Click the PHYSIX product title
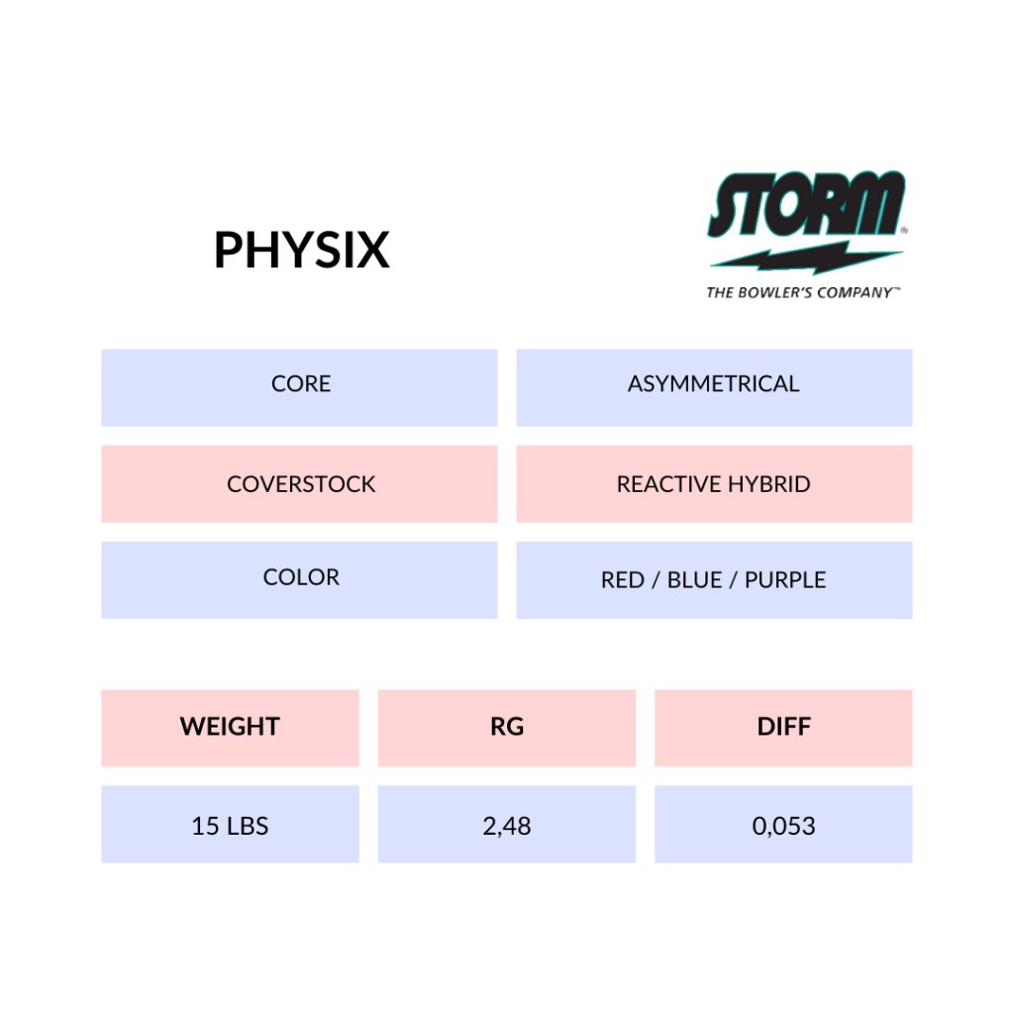302,250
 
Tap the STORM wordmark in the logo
806,204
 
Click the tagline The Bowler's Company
803,292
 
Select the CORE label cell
299,387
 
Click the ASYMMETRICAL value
713,384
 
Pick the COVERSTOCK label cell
299,483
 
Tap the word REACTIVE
668,484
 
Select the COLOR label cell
299,580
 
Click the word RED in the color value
622,580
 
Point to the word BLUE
694,580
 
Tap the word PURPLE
785,580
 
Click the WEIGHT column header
230,728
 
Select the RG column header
507,728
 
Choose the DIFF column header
783,728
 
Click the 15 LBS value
230,826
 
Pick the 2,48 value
507,826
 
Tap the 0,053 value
784,826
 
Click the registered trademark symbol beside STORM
904,230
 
